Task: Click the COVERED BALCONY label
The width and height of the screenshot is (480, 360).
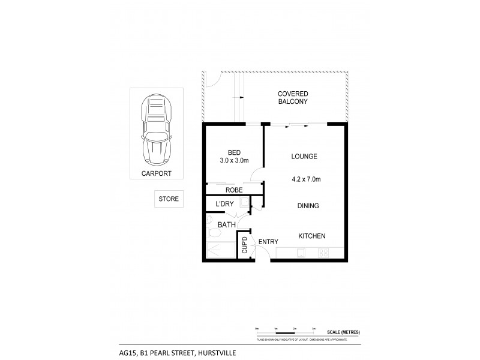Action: point(292,98)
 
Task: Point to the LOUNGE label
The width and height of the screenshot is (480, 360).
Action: point(304,157)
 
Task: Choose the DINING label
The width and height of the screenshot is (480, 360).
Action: point(307,206)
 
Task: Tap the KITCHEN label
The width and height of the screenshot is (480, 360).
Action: point(311,236)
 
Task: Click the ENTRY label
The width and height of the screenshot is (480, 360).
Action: point(268,242)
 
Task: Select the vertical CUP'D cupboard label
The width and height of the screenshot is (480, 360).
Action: point(244,245)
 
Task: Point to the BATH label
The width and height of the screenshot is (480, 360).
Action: point(226,224)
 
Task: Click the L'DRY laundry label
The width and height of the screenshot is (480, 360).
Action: point(224,205)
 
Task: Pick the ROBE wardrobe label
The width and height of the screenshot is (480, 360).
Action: point(233,189)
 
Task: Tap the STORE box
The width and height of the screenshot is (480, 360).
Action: point(169,199)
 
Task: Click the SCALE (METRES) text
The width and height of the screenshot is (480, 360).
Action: point(343,332)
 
